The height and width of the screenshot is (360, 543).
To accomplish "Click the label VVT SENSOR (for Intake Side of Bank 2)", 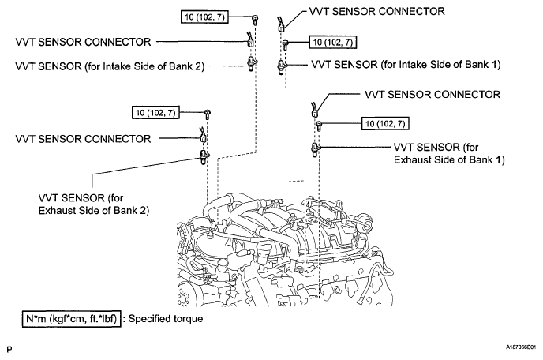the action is click(110, 66).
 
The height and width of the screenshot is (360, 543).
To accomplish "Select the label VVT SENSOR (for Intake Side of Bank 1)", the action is click(406, 65).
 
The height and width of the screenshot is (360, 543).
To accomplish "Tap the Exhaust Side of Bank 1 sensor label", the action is click(449, 153).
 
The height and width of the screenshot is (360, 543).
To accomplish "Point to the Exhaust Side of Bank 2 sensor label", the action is click(94, 204).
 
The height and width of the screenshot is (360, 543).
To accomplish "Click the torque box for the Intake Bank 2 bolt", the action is click(204, 17).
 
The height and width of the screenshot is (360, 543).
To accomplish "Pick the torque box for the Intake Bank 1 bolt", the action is click(333, 43).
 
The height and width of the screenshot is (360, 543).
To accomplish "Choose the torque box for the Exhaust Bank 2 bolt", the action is click(155, 113).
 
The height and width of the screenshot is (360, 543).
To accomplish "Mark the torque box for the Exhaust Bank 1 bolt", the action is click(385, 124).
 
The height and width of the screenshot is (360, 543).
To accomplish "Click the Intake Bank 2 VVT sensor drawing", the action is click(251, 63).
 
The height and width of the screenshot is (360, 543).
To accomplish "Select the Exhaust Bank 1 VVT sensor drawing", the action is click(315, 150).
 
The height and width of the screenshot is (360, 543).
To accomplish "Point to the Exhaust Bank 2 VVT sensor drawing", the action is click(204, 157).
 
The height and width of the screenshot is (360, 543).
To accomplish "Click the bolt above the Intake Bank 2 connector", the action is click(255, 20).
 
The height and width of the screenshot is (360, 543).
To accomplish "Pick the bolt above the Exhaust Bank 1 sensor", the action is click(319, 126).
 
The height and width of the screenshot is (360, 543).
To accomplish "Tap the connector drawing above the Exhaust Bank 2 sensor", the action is click(203, 135).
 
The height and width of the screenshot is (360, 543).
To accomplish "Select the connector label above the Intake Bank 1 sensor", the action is click(376, 11).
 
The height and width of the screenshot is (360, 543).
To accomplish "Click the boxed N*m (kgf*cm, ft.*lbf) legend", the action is click(72, 319).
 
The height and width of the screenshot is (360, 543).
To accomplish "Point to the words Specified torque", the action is click(166, 319).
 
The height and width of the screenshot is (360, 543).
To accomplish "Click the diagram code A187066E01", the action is click(521, 347).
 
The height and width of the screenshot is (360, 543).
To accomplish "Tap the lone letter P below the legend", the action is click(9, 349).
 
